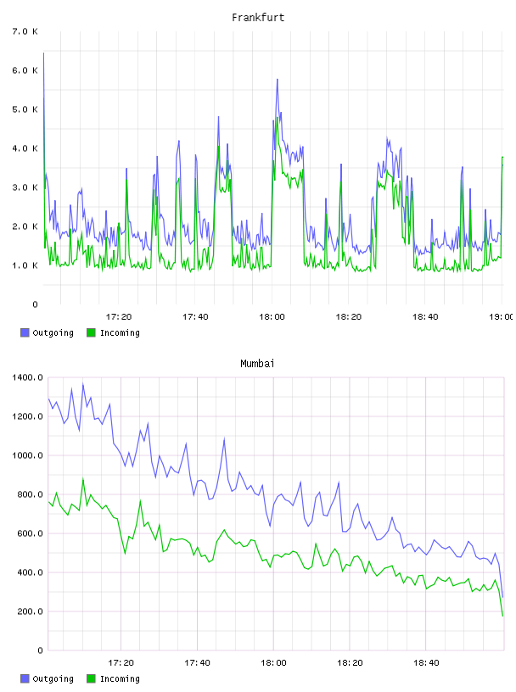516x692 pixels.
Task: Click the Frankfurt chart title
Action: click(x=258, y=18)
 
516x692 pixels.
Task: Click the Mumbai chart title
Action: click(x=257, y=364)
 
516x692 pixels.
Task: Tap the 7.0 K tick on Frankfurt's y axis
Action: click(x=25, y=31)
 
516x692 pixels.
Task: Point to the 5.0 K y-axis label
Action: click(x=25, y=109)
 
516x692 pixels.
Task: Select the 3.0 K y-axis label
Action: click(x=25, y=187)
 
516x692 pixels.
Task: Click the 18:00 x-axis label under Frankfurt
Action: click(x=272, y=317)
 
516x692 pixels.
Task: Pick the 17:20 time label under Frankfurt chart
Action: click(x=119, y=317)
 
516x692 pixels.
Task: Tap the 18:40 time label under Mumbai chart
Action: click(x=426, y=663)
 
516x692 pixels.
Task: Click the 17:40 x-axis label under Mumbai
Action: click(x=197, y=663)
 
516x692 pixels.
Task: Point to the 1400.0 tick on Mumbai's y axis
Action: click(x=27, y=377)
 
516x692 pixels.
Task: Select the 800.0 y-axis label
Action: click(x=30, y=494)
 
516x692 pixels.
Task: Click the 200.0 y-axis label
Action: click(x=30, y=611)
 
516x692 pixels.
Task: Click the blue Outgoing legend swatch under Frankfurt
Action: click(x=25, y=332)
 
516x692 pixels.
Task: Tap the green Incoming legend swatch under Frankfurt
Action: click(x=91, y=332)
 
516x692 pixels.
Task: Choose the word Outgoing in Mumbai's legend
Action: click(x=53, y=678)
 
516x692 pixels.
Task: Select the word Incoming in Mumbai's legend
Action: click(x=120, y=678)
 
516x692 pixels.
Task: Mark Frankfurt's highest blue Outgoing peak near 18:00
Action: click(x=277, y=80)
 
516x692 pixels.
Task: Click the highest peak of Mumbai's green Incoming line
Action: click(x=83, y=479)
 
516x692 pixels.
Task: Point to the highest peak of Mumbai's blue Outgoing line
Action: click(x=83, y=384)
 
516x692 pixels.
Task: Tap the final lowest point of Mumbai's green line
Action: click(x=502, y=616)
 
